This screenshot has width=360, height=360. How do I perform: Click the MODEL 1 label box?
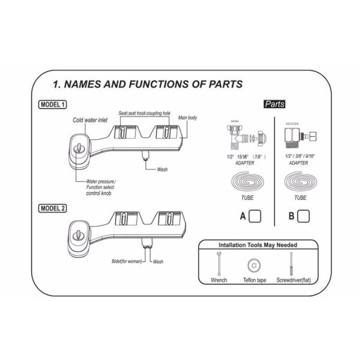coord(52,104)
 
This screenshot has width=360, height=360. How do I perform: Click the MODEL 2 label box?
coord(52,208)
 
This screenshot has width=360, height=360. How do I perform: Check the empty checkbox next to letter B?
coord(303,215)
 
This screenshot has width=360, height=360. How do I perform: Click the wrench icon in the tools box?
coord(218,264)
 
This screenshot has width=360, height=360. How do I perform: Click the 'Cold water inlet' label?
coord(91,120)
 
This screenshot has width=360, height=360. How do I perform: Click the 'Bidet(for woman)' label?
coord(125,262)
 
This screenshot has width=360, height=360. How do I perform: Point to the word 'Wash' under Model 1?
coord(162,170)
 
